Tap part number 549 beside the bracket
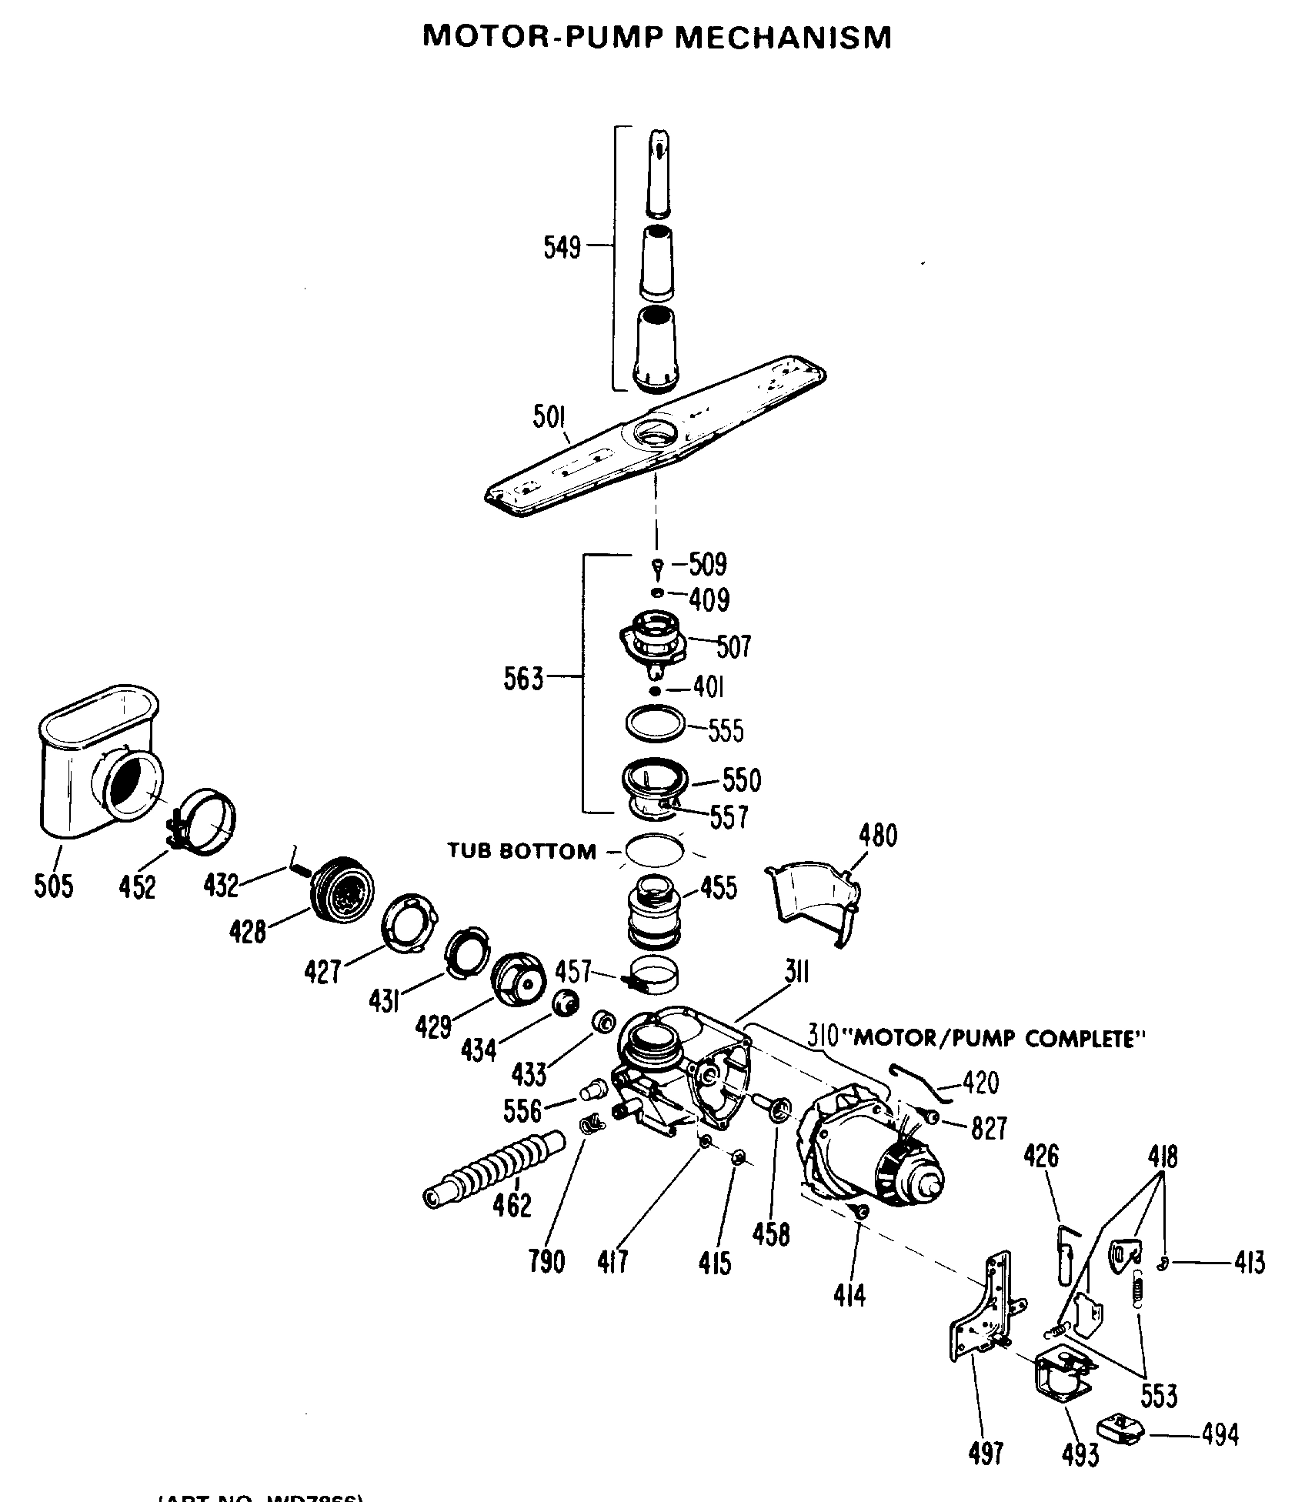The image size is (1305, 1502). pyautogui.click(x=562, y=249)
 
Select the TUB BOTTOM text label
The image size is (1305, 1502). pyautogui.click(x=522, y=851)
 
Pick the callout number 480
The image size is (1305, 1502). pyautogui.click(x=877, y=836)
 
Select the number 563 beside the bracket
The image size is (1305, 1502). pyautogui.click(x=523, y=679)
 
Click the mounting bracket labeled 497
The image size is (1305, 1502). pyautogui.click(x=989, y=1316)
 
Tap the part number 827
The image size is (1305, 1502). pyautogui.click(x=989, y=1128)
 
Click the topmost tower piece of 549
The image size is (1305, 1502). pyautogui.click(x=658, y=173)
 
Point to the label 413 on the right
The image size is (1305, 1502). pyautogui.click(x=1248, y=1263)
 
